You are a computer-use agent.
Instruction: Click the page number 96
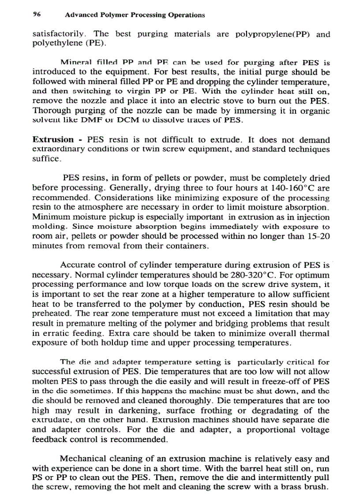pyautogui.click(x=37, y=15)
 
